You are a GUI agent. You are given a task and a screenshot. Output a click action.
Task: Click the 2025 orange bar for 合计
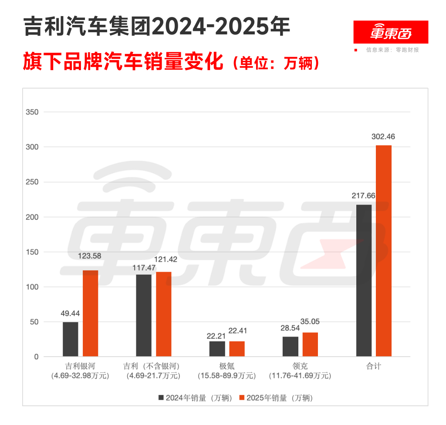pyautogui.click(x=384, y=251)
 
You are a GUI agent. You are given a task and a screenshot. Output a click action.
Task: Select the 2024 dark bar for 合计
pyautogui.click(x=364, y=280)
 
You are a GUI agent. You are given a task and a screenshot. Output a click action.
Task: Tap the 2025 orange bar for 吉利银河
pyautogui.click(x=91, y=314)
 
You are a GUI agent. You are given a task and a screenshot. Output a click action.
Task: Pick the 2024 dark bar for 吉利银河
pyautogui.click(x=71, y=339)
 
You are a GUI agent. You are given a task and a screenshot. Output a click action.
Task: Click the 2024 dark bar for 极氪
pyautogui.click(x=217, y=349)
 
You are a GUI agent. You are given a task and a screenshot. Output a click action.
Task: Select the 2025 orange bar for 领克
pyautogui.click(x=310, y=344)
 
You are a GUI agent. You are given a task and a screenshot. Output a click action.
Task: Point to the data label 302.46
pyautogui.click(x=383, y=137)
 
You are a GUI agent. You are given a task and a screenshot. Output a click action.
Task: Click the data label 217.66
pyautogui.click(x=364, y=196)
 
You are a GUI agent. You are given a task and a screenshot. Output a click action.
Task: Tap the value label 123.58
pyautogui.click(x=89, y=256)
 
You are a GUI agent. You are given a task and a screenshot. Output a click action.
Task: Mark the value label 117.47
pyautogui.click(x=144, y=266)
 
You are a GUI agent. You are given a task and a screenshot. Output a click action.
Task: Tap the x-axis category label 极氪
pyautogui.click(x=226, y=366)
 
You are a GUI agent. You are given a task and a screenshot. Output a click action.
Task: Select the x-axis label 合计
pyautogui.click(x=373, y=366)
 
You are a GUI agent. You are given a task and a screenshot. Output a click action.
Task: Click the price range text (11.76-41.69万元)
pyautogui.click(x=300, y=375)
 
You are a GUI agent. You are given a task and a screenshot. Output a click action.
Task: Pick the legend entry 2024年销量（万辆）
pyautogui.click(x=196, y=398)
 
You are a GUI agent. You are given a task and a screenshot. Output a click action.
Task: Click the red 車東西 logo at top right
pyautogui.click(x=391, y=32)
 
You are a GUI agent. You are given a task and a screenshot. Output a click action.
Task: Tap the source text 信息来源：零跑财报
pyautogui.click(x=392, y=50)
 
